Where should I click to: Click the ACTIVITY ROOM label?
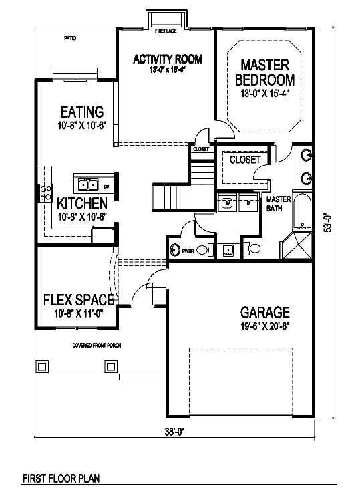[x=168, y=59]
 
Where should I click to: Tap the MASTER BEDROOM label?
[x=265, y=72]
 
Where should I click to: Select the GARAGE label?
[x=265, y=312]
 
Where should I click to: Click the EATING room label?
[x=81, y=112]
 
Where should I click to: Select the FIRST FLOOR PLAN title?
[x=61, y=478]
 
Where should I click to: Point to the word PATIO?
[x=69, y=38]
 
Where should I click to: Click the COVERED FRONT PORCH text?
[x=101, y=346]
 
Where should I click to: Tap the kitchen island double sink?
[x=88, y=184]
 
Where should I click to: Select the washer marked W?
[x=227, y=201]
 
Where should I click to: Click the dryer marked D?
[x=248, y=201]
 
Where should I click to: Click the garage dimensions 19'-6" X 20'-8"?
[x=265, y=326]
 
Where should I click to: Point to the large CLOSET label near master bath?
[x=245, y=160]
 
